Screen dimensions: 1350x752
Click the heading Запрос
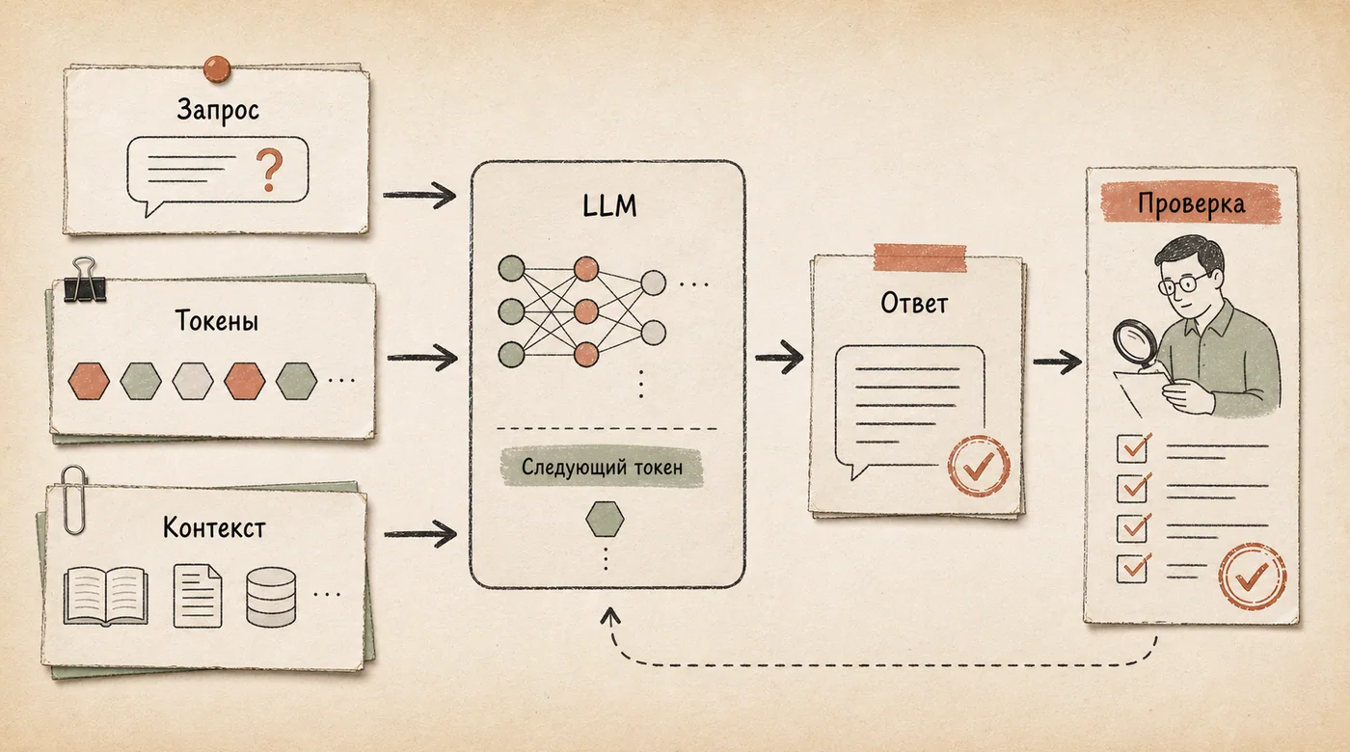pyautogui.click(x=218, y=110)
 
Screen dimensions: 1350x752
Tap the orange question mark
pyautogui.click(x=269, y=170)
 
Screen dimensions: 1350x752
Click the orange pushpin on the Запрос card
pyautogui.click(x=216, y=68)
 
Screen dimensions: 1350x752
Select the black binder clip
pyautogui.click(x=85, y=281)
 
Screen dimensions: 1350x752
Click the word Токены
pyautogui.click(x=217, y=320)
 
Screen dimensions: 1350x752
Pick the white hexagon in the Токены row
pyautogui.click(x=193, y=381)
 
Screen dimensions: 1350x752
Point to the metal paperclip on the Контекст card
pyautogui.click(x=74, y=500)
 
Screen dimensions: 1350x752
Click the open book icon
pyautogui.click(x=106, y=596)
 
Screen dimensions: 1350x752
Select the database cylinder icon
pyautogui.click(x=271, y=597)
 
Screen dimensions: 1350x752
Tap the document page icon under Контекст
pyautogui.click(x=197, y=596)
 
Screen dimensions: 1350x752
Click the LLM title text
pyautogui.click(x=609, y=205)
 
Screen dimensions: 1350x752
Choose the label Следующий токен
pyautogui.click(x=602, y=467)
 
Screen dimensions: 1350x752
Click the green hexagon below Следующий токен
pyautogui.click(x=606, y=519)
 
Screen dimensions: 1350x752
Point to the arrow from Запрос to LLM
pyautogui.click(x=419, y=195)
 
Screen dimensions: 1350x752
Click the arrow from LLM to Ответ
pyautogui.click(x=779, y=358)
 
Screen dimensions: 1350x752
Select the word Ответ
pyautogui.click(x=914, y=304)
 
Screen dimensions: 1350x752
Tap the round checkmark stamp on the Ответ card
pyautogui.click(x=979, y=466)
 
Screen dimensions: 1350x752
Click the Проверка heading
pyautogui.click(x=1191, y=203)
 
